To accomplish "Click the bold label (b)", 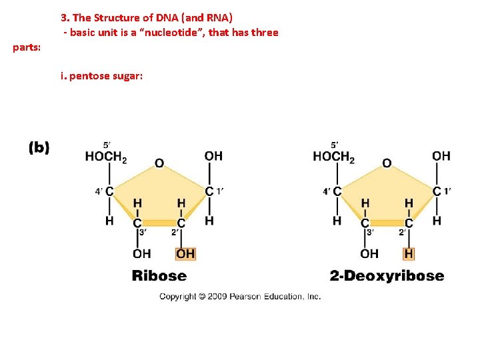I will pyautogui.click(x=39, y=148).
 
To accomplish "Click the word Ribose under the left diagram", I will pyautogui.click(x=159, y=275).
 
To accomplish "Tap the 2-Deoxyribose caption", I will pyautogui.click(x=387, y=275).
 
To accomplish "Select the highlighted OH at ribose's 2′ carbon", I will pyautogui.click(x=185, y=253).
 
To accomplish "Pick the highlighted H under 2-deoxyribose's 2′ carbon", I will pyautogui.click(x=409, y=253).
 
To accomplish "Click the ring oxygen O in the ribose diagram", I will pyautogui.click(x=159, y=163).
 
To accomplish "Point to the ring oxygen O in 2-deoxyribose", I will pyautogui.click(x=387, y=163).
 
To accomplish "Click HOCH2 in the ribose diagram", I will pyautogui.click(x=106, y=157).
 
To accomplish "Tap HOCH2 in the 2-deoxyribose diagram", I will pyautogui.click(x=333, y=157).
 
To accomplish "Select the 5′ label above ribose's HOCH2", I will pyautogui.click(x=107, y=144).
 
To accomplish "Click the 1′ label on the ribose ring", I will pyautogui.click(x=220, y=191).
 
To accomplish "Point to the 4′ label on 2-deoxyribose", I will pyautogui.click(x=326, y=191).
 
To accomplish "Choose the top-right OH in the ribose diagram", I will pyautogui.click(x=213, y=156).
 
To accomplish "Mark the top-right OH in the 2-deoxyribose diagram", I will pyautogui.click(x=441, y=156).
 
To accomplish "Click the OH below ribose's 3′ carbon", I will pyautogui.click(x=142, y=253).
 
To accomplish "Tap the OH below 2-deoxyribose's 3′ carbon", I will pyautogui.click(x=369, y=253).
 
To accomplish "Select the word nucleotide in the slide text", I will pyautogui.click(x=202, y=32).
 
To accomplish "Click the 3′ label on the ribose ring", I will pyautogui.click(x=143, y=232).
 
